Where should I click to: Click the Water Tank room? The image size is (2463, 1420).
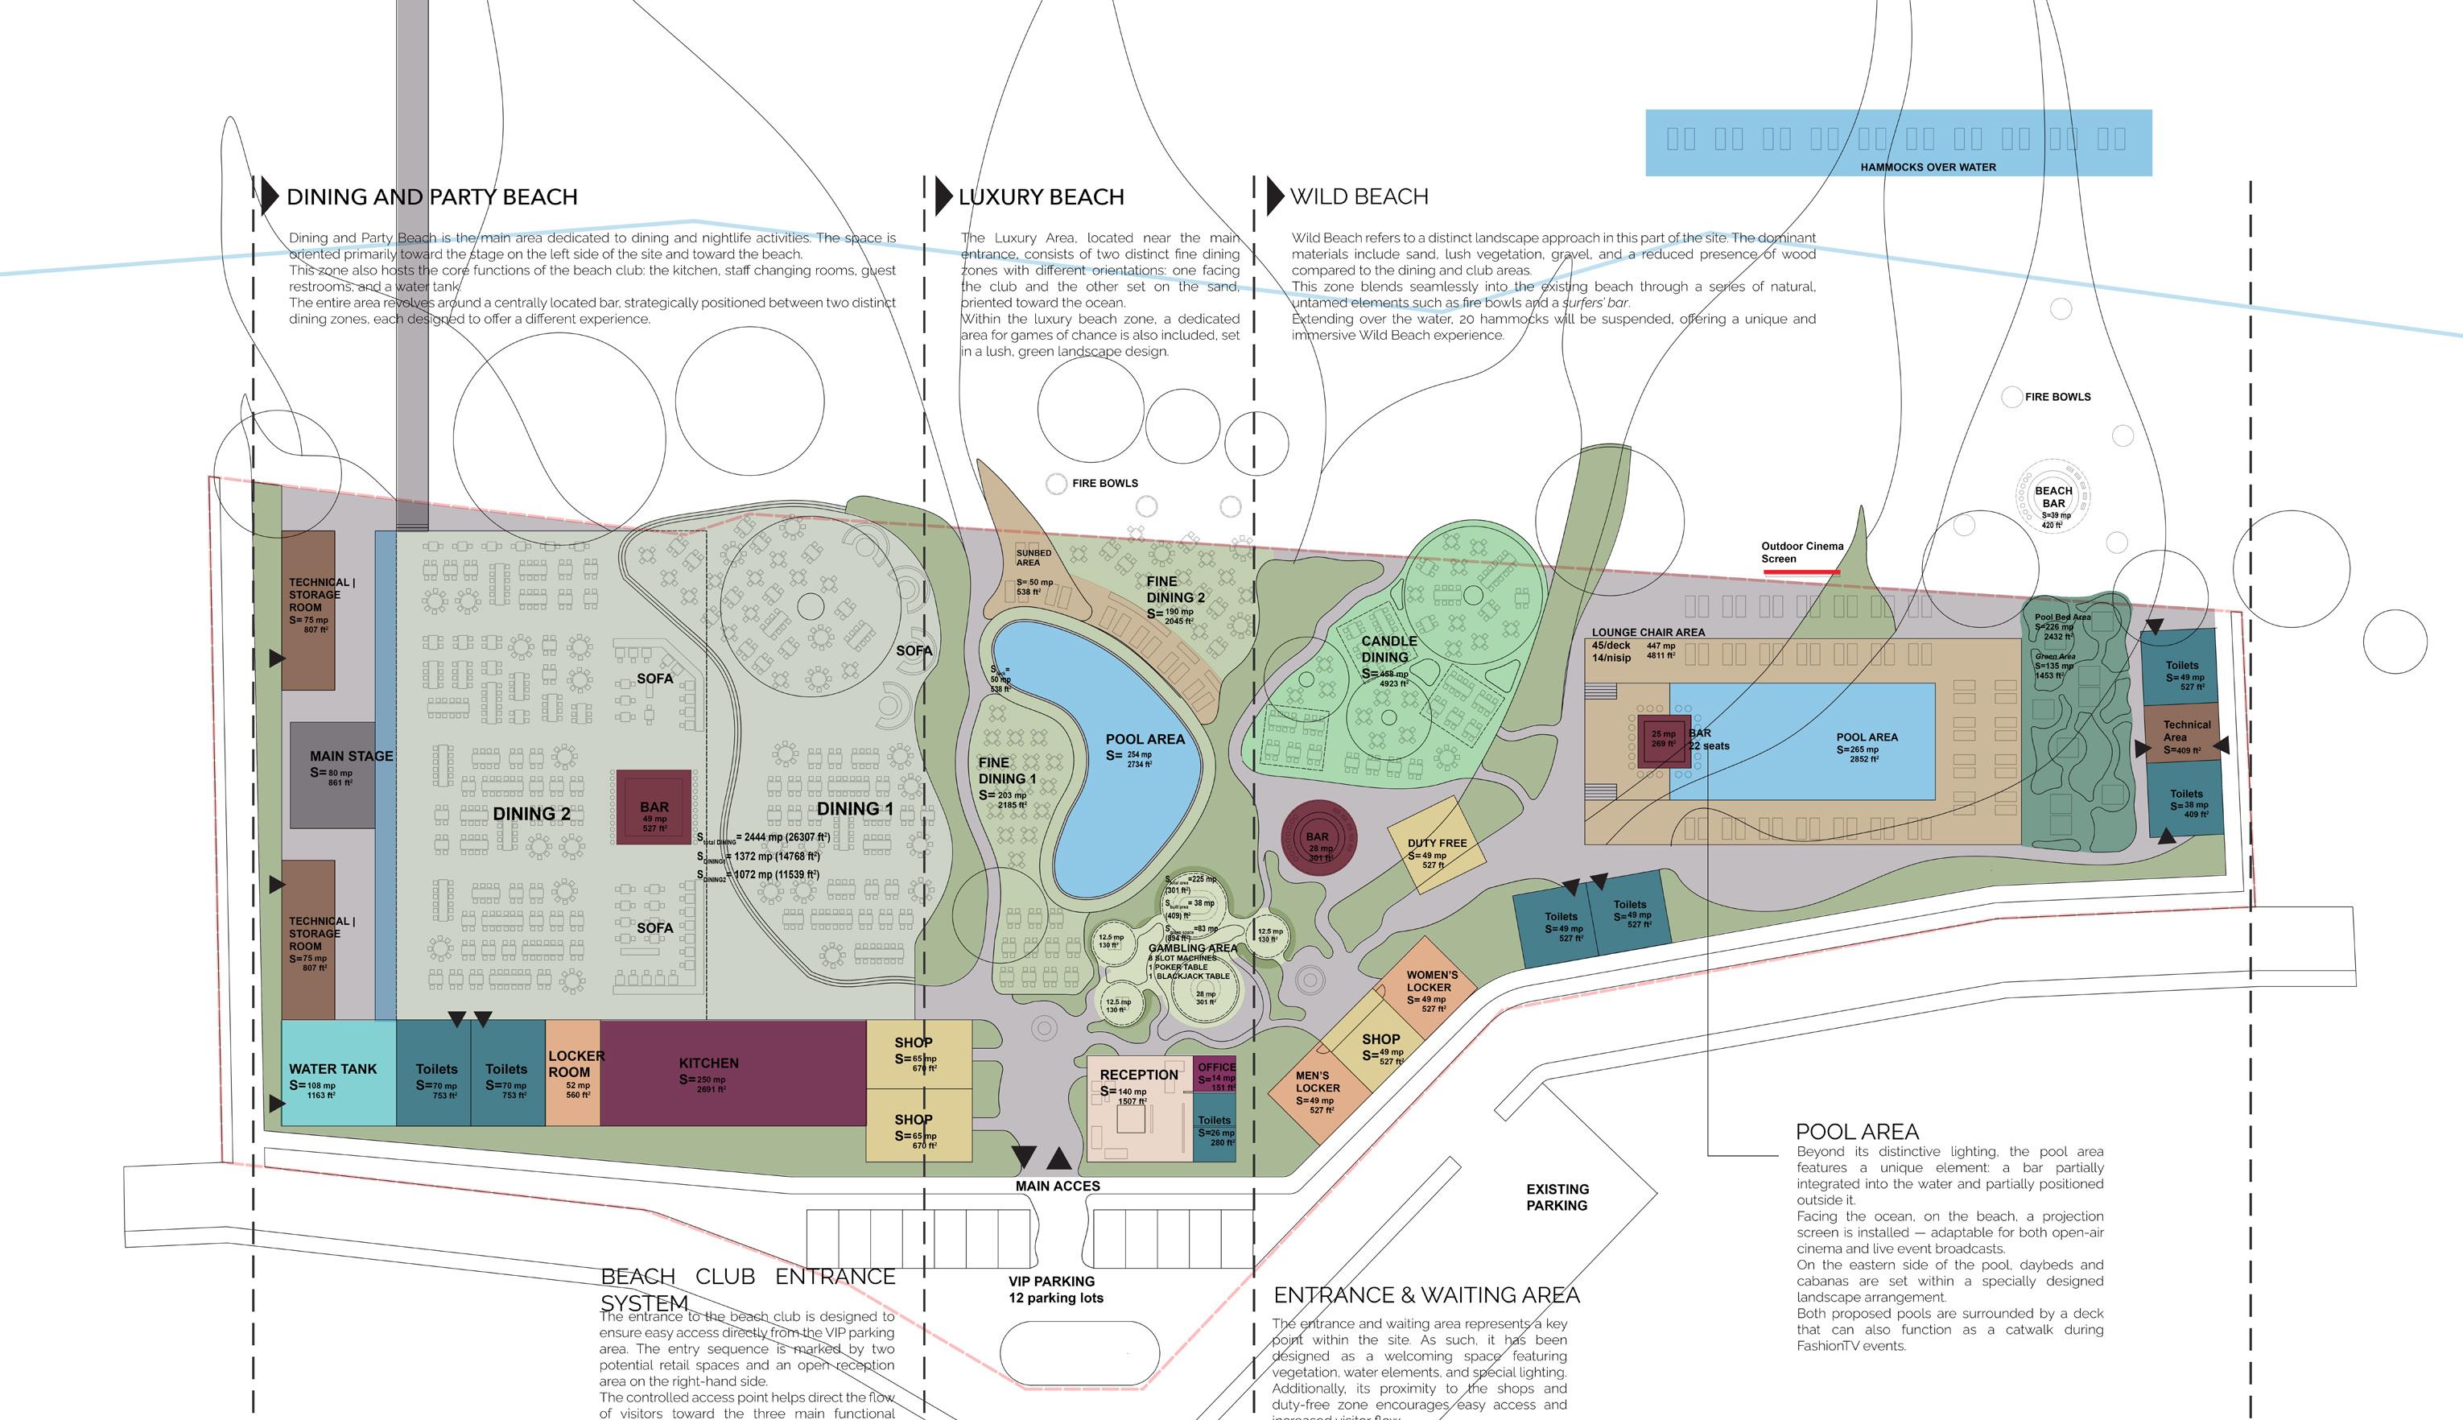click(337, 1073)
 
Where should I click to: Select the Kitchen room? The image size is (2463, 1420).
click(732, 1073)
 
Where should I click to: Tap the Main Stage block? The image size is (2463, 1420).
click(332, 775)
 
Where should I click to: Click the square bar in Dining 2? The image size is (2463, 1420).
click(654, 807)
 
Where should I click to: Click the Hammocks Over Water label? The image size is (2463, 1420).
click(1927, 167)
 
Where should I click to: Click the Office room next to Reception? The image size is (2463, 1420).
click(1215, 1074)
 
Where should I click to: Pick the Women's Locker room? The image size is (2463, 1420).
click(1430, 987)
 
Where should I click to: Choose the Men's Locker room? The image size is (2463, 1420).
click(1316, 1090)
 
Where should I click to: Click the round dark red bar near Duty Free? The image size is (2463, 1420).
click(1318, 839)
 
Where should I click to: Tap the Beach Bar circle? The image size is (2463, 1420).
click(2052, 502)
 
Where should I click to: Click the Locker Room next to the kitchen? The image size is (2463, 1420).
click(572, 1073)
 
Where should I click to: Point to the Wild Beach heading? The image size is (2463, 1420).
click(1358, 197)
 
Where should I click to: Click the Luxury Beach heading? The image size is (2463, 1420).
click(1041, 197)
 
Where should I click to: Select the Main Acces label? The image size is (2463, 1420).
click(1057, 1186)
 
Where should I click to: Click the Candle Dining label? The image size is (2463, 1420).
click(1388, 649)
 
